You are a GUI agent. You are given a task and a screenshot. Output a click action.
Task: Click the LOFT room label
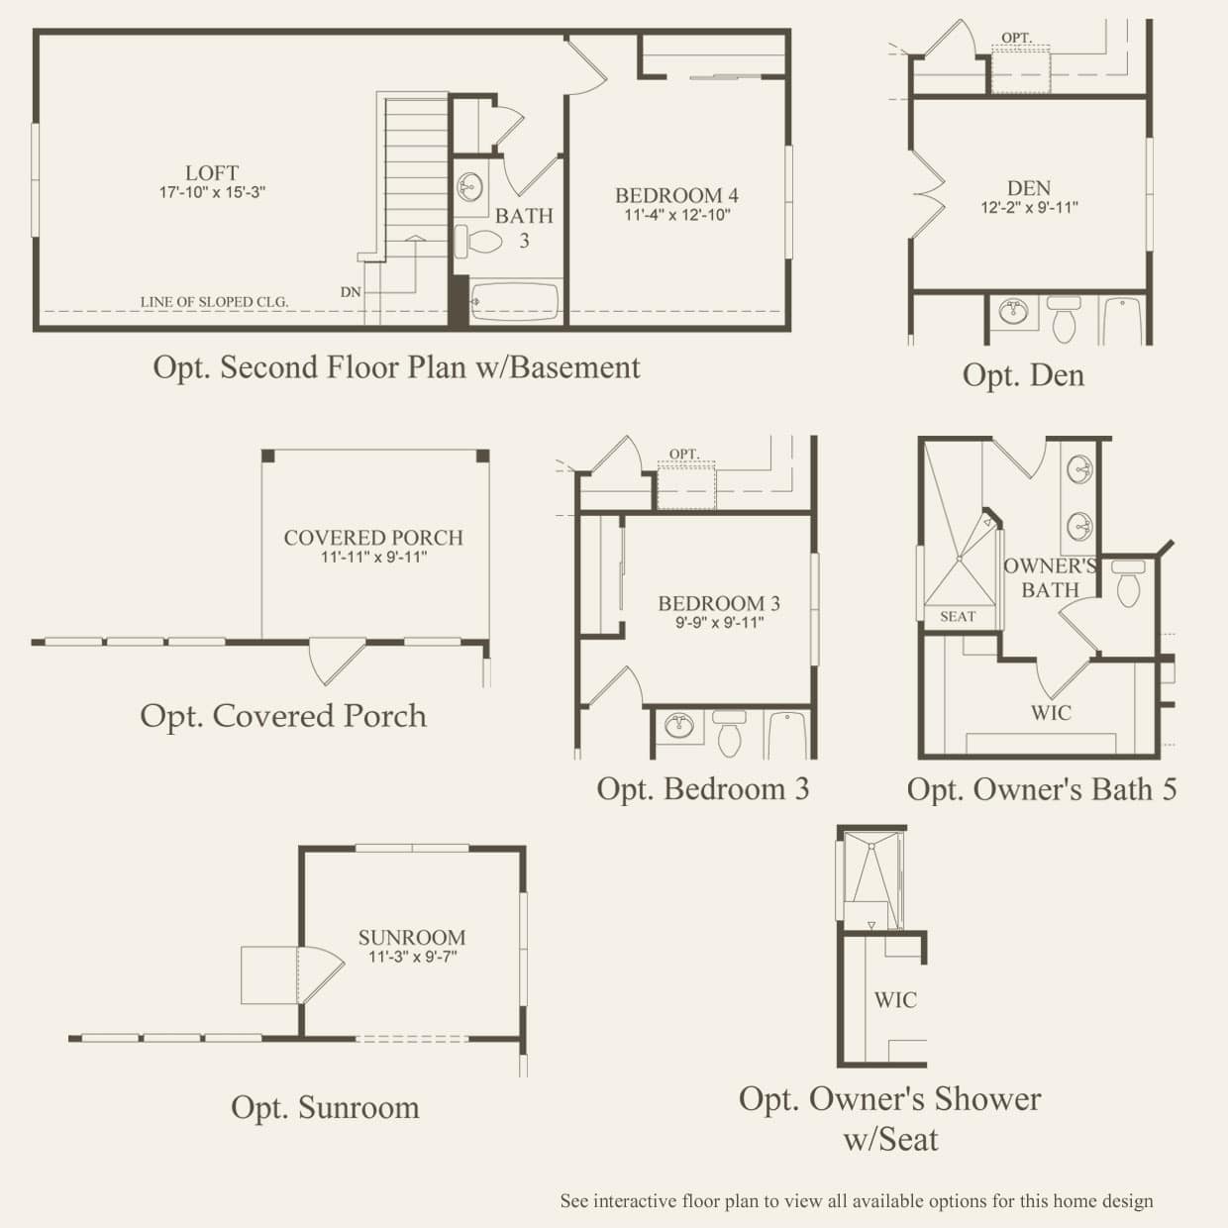coord(212,172)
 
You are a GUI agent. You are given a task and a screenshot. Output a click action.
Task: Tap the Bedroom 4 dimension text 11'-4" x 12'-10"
coord(676,215)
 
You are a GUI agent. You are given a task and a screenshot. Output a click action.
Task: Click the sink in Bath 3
coord(470,187)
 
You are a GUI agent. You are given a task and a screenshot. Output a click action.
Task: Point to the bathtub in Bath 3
coord(515,301)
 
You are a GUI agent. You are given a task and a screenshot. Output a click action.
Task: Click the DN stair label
coord(351,292)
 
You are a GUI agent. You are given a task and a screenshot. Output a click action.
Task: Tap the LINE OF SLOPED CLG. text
coord(214,302)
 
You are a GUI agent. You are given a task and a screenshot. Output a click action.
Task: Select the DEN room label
coord(1029,188)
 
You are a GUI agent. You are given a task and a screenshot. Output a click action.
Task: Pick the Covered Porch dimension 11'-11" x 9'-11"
coord(373,557)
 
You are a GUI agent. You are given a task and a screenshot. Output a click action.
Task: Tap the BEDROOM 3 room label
coord(719,603)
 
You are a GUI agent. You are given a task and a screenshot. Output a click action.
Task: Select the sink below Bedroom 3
coord(679,725)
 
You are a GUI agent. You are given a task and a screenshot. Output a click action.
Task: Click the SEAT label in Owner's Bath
coord(958,616)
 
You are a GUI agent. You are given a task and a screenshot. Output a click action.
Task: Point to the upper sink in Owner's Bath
coord(1079,469)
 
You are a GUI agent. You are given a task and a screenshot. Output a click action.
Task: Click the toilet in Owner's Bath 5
coord(1128,583)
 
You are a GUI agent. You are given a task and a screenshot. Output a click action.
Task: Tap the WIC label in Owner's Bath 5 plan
coord(1051,712)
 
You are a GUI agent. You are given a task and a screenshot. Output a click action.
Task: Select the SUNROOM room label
coord(412,938)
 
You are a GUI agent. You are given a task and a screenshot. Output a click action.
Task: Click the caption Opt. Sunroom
coord(325,1107)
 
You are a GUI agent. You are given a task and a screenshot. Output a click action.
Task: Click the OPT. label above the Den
coord(1016,38)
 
